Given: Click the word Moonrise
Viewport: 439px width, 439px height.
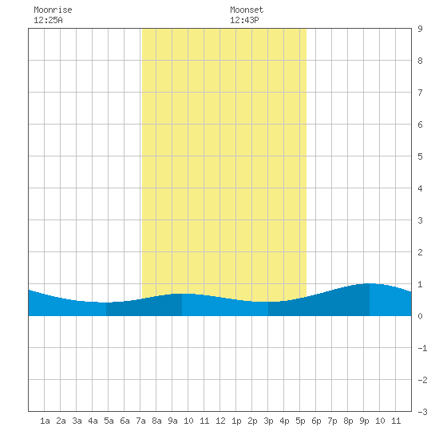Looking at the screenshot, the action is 53,10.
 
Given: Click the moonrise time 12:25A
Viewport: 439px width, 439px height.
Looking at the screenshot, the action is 48,20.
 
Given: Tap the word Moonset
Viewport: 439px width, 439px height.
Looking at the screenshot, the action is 247,10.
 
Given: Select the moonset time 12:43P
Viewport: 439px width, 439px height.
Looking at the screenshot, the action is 244,20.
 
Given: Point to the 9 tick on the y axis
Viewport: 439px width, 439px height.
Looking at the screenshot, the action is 420,29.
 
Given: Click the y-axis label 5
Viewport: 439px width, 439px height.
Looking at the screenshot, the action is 420,156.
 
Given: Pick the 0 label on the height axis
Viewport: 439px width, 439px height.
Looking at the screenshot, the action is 420,316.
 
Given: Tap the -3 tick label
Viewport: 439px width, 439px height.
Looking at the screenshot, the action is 422,412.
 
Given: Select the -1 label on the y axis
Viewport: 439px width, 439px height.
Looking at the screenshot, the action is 422,348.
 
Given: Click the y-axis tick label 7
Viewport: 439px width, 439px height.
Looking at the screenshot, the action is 420,93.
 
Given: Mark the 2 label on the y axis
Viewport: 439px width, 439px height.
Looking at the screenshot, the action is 420,252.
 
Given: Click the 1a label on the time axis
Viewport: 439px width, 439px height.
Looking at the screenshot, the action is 45,421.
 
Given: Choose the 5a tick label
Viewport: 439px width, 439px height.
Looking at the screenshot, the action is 109,421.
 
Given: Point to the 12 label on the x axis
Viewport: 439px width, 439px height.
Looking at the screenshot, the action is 220,421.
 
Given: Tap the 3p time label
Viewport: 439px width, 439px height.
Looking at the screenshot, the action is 268,421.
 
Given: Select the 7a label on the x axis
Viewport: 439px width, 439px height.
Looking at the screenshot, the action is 140,421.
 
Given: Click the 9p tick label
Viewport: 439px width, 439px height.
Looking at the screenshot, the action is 364,421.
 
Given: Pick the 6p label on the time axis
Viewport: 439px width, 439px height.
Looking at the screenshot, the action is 316,421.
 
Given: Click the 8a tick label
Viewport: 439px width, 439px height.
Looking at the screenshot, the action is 156,421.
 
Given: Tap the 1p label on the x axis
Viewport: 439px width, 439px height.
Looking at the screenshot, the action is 236,421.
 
